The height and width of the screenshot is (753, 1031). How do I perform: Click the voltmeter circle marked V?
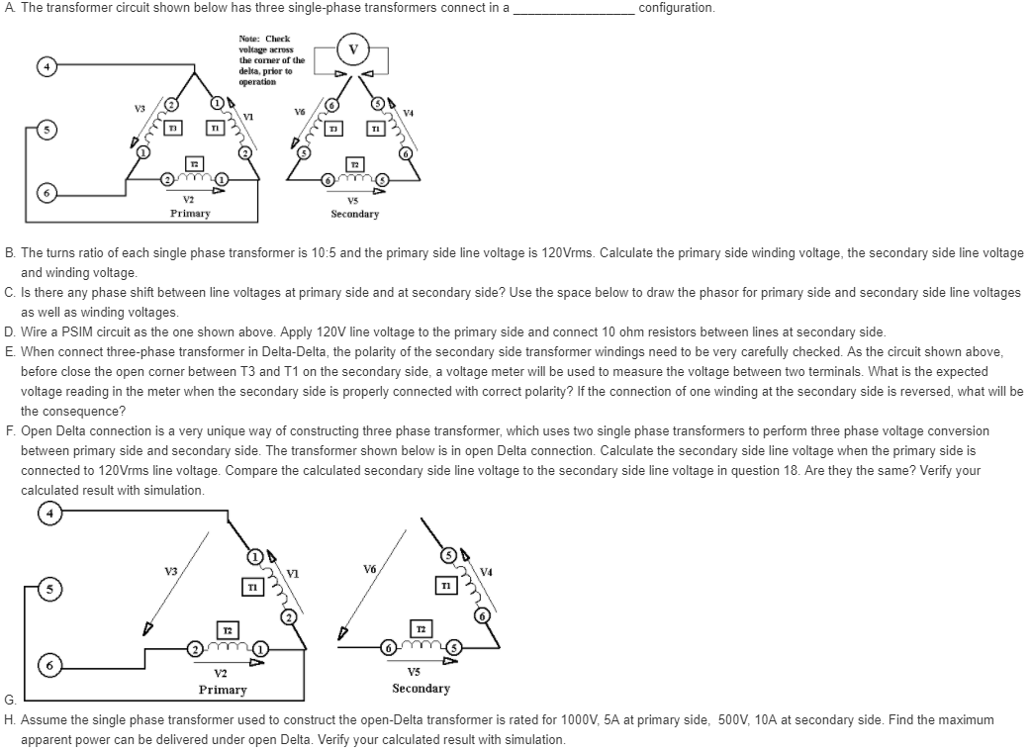point(353,48)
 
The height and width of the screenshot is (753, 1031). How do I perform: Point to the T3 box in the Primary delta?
point(172,129)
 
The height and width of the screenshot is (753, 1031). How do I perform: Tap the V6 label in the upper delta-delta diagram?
point(300,112)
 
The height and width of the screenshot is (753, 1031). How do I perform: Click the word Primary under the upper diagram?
point(189,213)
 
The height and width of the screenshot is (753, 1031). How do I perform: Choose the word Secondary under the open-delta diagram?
point(421,689)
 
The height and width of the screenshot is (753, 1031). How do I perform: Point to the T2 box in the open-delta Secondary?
point(421,629)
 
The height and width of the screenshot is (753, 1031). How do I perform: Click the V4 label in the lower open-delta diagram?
point(487,570)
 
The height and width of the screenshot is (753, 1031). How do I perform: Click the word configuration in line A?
point(677,8)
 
